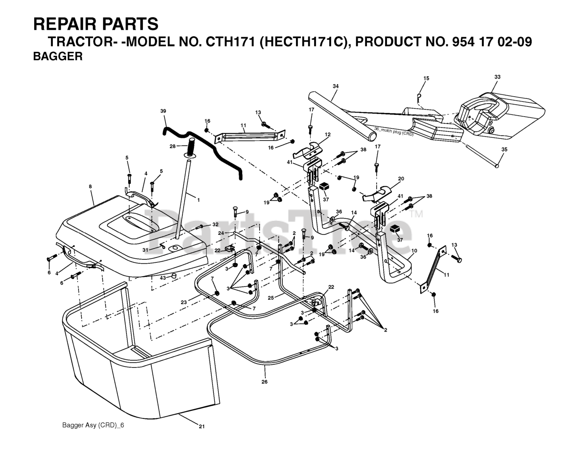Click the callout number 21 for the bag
pos(202,426)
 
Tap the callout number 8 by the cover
pos(91,187)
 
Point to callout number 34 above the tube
pos(335,86)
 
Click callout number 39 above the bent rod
pos(163,110)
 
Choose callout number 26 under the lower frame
pos(265,381)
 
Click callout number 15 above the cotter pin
pos(426,78)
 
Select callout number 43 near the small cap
pos(163,277)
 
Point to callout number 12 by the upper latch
pos(328,134)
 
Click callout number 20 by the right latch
pos(401,179)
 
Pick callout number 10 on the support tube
pos(414,251)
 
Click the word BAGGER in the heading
pos(58,57)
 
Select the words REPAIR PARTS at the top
pos(95,23)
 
